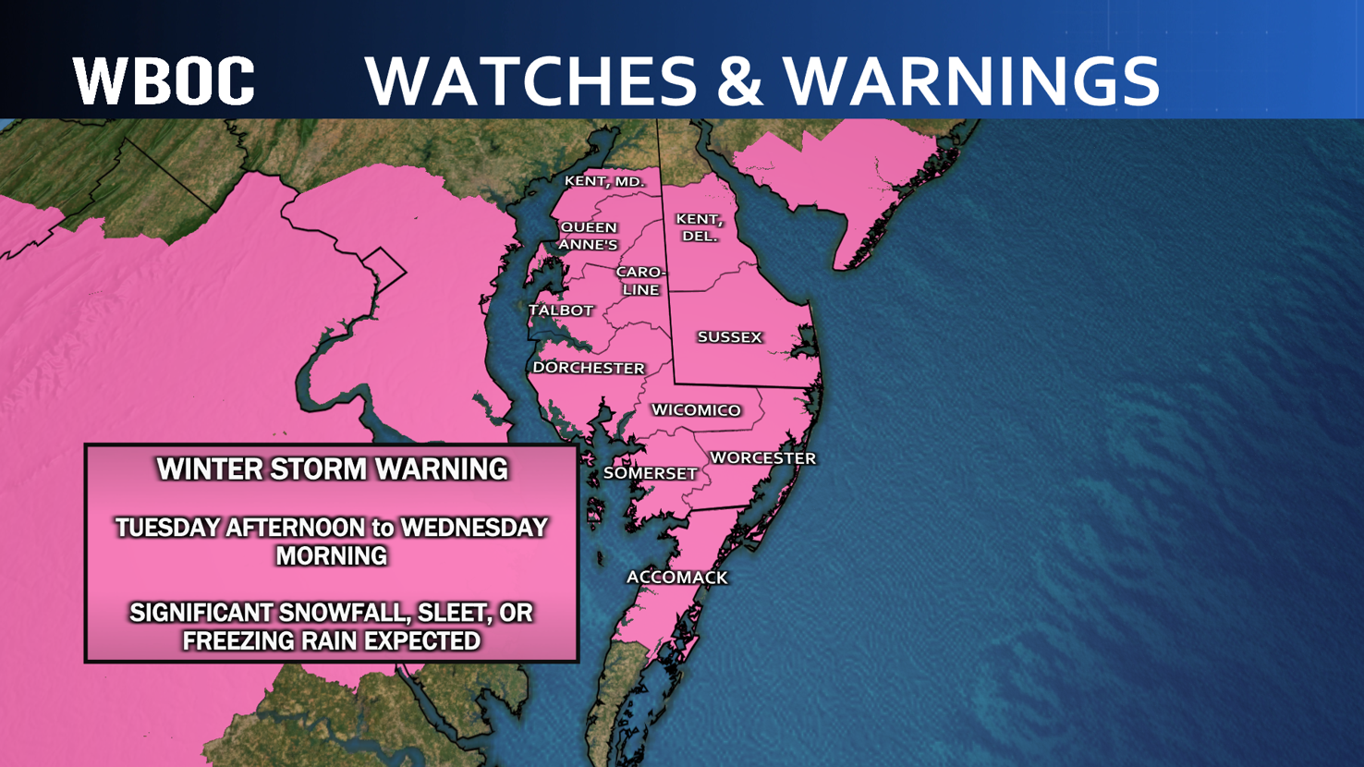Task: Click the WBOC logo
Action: click(164, 80)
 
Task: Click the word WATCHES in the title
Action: click(530, 80)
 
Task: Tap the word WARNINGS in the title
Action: click(973, 80)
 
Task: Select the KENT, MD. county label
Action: click(604, 181)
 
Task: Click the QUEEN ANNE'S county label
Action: click(589, 236)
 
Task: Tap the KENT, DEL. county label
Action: click(699, 227)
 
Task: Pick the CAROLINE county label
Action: click(640, 281)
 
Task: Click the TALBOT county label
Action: click(561, 310)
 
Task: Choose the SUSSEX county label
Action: click(729, 337)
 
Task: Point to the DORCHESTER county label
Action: click(589, 368)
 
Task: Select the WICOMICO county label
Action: click(696, 410)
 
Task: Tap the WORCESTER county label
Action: click(762, 458)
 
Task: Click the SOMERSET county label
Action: click(650, 473)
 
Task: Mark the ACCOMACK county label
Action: click(677, 578)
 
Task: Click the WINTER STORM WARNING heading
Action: click(332, 469)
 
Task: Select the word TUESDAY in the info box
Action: click(168, 528)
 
